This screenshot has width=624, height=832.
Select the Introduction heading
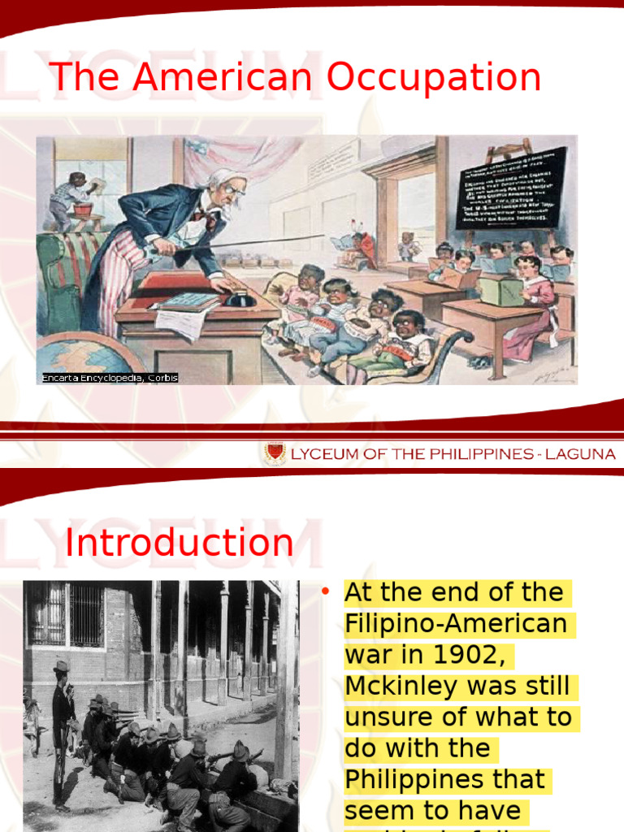coord(180,543)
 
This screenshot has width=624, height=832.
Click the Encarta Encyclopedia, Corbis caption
coord(110,378)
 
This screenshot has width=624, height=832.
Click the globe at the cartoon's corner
coord(81,357)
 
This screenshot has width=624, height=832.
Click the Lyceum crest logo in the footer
coord(275,453)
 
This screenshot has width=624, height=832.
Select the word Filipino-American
coord(456,624)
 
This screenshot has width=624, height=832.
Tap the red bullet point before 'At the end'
coord(325,592)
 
